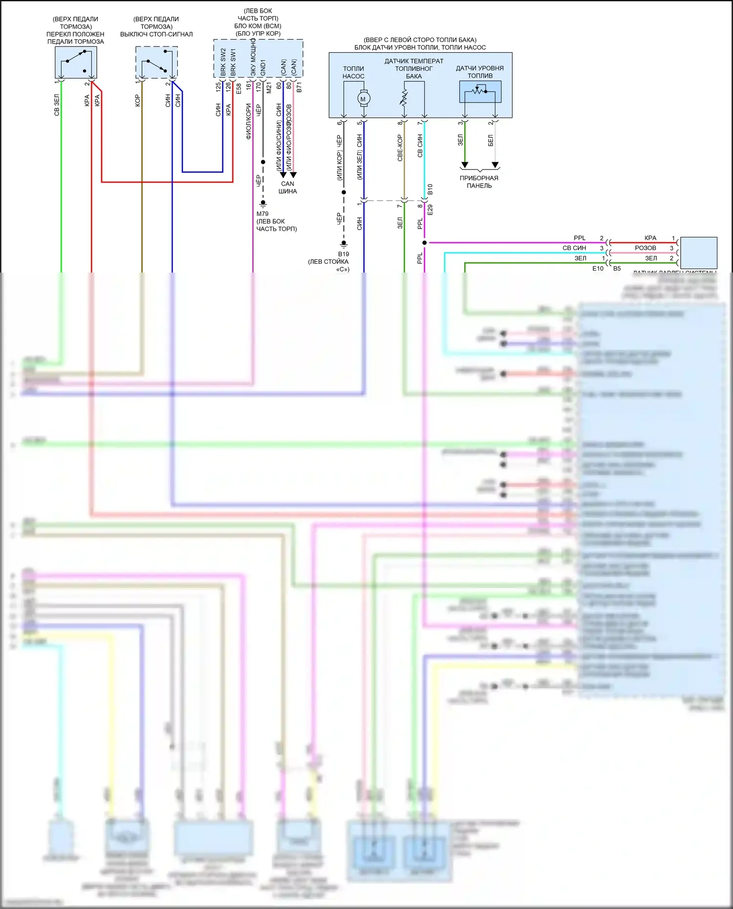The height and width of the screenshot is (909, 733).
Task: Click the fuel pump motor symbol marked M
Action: (x=363, y=99)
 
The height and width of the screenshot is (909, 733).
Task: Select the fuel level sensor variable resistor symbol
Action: (x=480, y=91)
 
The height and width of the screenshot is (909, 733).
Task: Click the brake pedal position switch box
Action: (x=76, y=63)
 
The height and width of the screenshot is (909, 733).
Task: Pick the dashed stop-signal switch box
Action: (x=156, y=63)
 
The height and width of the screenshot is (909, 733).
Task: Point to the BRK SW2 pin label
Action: (x=223, y=62)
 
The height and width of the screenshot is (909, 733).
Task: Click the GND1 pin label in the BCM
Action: (x=263, y=67)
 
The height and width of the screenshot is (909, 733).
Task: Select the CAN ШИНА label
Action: (x=288, y=188)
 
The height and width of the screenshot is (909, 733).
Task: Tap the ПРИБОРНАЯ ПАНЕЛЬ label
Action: (x=479, y=182)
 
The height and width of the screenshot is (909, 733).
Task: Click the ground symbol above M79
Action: (x=263, y=203)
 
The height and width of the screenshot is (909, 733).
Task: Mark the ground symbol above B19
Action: (x=344, y=243)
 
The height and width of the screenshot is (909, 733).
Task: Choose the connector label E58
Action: (x=238, y=88)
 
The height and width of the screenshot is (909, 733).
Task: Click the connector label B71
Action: (x=299, y=87)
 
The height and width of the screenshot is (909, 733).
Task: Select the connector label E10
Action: (x=598, y=269)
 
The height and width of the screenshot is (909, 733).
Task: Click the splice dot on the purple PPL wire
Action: (x=424, y=243)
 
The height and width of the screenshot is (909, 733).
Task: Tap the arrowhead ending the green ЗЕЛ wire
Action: (x=465, y=165)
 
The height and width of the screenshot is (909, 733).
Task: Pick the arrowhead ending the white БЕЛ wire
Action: (x=495, y=165)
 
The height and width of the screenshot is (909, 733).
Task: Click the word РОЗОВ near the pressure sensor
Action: (x=646, y=248)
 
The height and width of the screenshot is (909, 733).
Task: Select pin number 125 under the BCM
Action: (x=218, y=87)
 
